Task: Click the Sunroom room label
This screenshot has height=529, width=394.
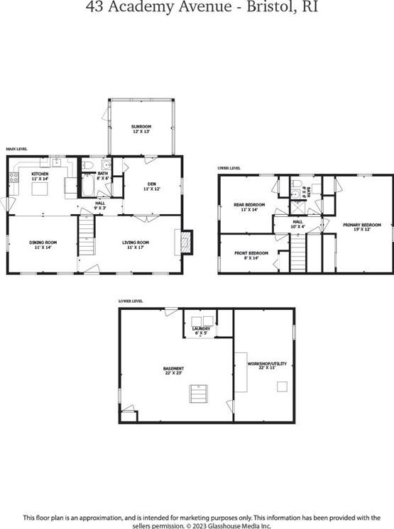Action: pos(141,126)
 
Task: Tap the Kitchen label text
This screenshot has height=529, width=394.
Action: pos(39,173)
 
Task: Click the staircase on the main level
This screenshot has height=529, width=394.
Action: pos(86,235)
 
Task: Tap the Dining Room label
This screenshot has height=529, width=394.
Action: pos(43,243)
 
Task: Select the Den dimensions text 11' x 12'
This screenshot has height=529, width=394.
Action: pos(151,189)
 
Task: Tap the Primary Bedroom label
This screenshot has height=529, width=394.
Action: pos(362,225)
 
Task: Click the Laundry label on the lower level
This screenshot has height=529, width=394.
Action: pos(201,328)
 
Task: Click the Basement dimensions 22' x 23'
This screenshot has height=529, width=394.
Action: pos(173,373)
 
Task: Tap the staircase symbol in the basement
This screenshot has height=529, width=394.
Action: pos(199,392)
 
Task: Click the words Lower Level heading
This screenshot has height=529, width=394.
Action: pos(131,301)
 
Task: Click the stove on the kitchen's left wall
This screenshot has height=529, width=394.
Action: pos(13,177)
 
